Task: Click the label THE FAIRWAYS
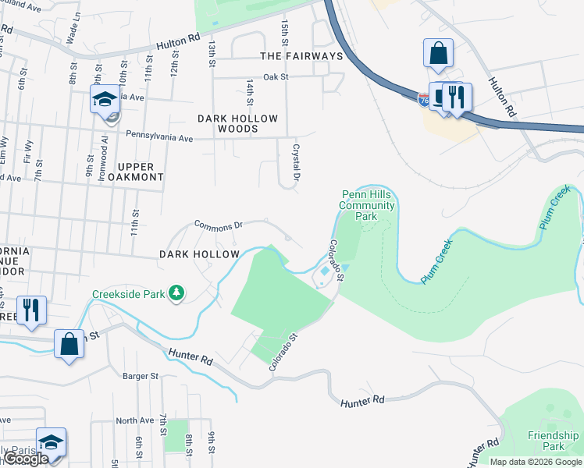click(301, 56)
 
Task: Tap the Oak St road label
click(276, 77)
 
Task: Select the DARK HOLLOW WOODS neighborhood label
click(237, 123)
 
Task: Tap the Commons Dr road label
click(219, 225)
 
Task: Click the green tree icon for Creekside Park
click(177, 292)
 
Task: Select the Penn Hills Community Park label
click(367, 205)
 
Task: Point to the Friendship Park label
click(553, 441)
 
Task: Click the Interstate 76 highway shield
click(423, 100)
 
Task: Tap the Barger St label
click(141, 376)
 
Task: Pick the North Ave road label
click(135, 420)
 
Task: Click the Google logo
click(25, 459)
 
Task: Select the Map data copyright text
click(536, 462)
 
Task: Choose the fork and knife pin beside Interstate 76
click(457, 96)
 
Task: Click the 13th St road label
click(211, 55)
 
